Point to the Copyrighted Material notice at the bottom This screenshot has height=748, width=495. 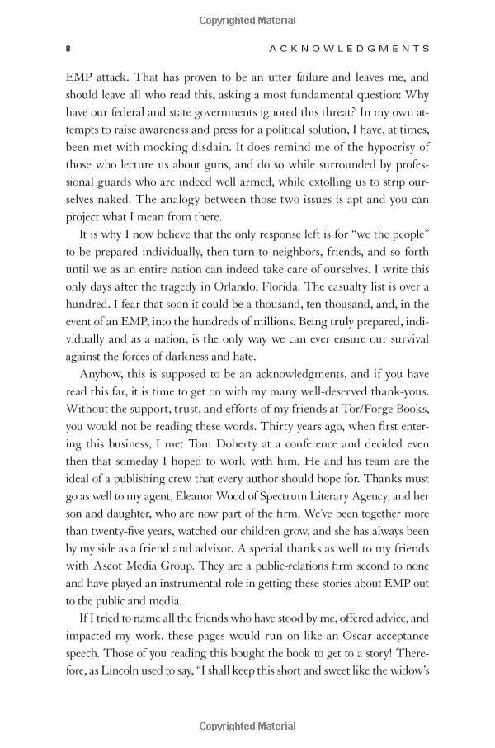tap(247, 727)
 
